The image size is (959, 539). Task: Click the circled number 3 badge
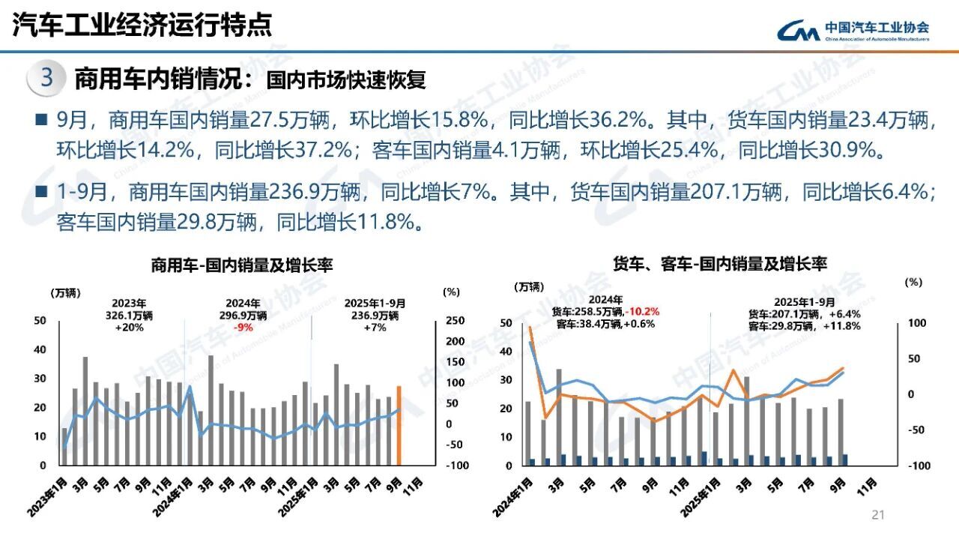coord(46,79)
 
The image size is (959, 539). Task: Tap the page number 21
coord(879,514)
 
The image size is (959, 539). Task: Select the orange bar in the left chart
coord(399,425)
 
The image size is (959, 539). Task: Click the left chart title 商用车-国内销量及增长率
coord(242,265)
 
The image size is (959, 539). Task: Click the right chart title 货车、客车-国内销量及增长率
coord(719,264)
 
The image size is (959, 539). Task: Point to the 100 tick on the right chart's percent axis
coord(918,323)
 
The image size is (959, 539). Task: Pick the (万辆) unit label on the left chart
coord(66,292)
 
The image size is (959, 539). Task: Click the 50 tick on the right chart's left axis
coord(506,323)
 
